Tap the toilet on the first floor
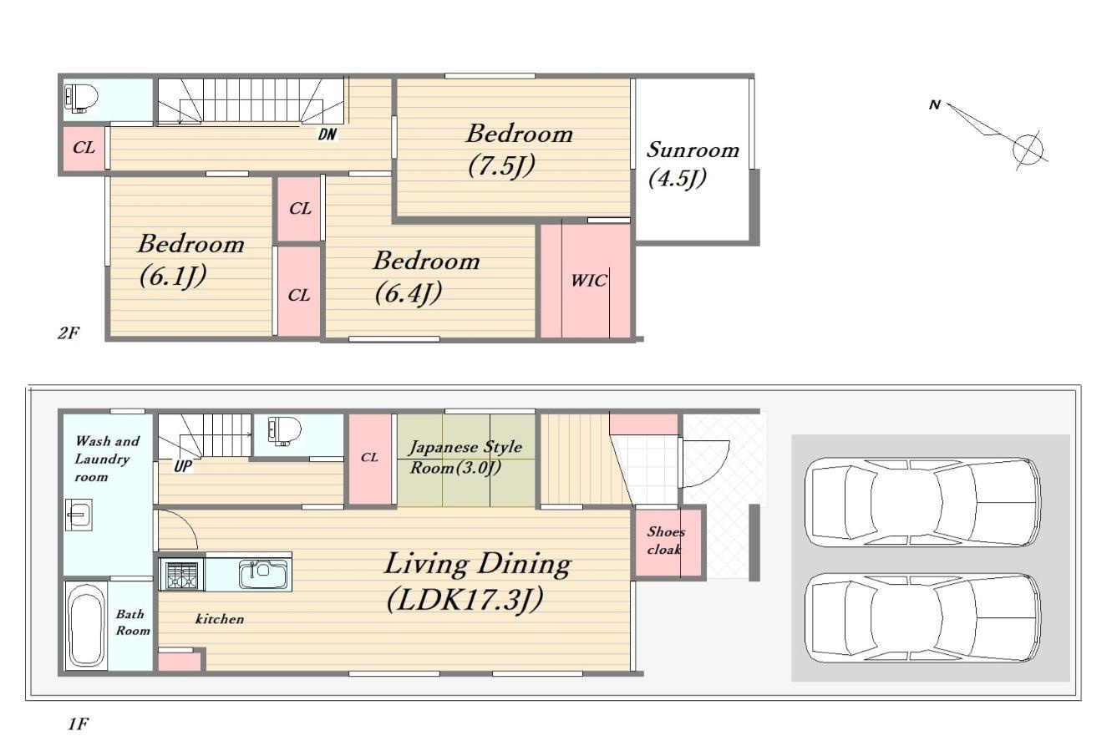(x=284, y=429)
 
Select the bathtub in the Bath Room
(x=86, y=627)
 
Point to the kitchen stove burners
(x=181, y=576)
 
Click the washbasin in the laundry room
(x=79, y=515)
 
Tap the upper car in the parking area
(x=922, y=502)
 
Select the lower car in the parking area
(x=922, y=618)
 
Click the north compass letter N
(x=935, y=104)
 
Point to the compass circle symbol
(x=1028, y=149)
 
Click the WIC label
(x=589, y=281)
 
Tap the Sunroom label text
(x=693, y=150)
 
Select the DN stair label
(x=328, y=134)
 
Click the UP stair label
(x=183, y=466)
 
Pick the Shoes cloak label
(x=665, y=541)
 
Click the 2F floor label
(x=69, y=332)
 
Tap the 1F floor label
(x=79, y=723)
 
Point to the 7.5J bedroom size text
(x=501, y=165)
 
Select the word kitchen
(x=220, y=619)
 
